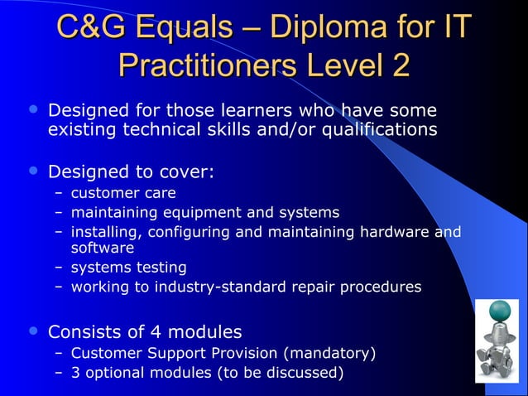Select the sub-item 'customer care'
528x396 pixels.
click(x=122, y=193)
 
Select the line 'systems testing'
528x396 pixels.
click(x=128, y=268)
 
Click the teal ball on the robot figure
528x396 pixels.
click(x=501, y=311)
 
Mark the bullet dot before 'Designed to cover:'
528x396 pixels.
click(x=32, y=171)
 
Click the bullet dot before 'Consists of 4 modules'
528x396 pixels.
click(x=32, y=332)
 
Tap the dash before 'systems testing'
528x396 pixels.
click(x=59, y=268)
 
